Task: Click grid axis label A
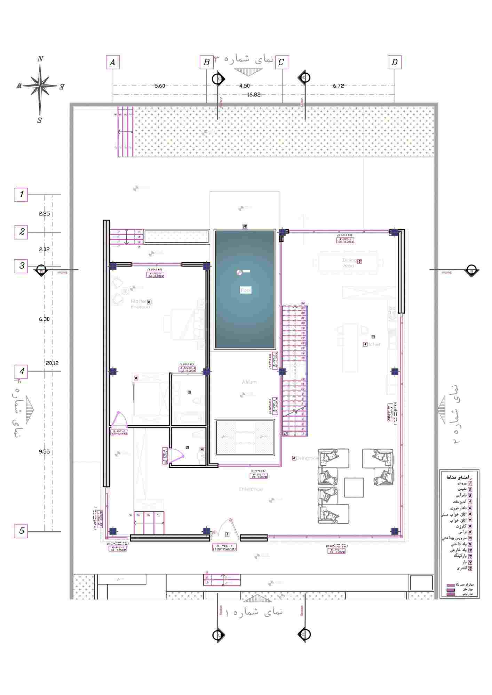tap(112, 62)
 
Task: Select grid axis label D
tap(395, 62)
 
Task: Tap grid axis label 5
tap(21, 531)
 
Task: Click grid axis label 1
tap(21, 194)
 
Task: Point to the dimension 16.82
tap(254, 95)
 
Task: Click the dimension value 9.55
tap(44, 451)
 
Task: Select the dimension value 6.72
tap(338, 86)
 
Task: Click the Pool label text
tap(246, 290)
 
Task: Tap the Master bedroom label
tap(141, 304)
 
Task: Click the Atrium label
tap(249, 382)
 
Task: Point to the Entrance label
tap(251, 489)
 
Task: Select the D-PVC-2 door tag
tap(119, 433)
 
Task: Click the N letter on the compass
tap(40, 59)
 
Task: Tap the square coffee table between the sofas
tap(354, 487)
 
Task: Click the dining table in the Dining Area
tap(348, 263)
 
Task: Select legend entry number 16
tap(462, 568)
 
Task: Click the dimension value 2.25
tap(44, 213)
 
